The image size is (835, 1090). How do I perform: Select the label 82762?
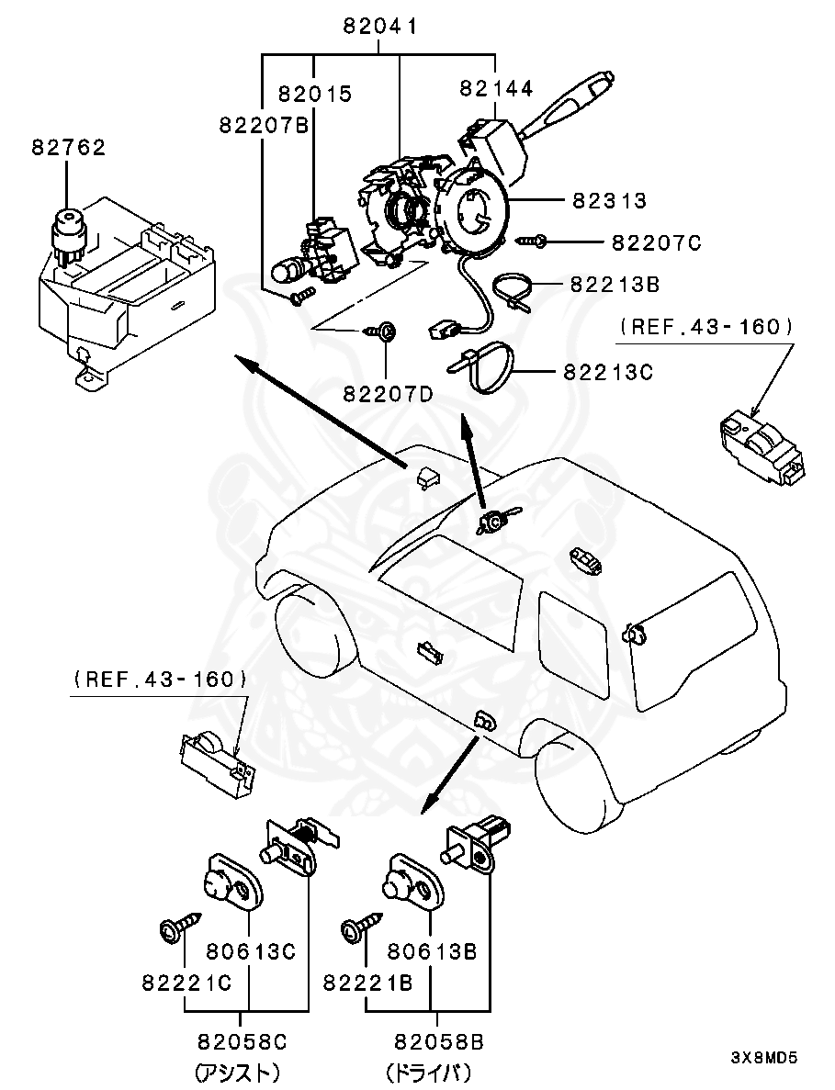69,147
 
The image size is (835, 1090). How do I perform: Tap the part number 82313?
610,200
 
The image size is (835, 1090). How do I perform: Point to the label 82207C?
656,242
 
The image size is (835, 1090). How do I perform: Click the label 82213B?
615,285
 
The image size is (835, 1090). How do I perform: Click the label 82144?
496,88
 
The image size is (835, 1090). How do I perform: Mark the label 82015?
315,94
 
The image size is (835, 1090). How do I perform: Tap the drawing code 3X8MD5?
763,1057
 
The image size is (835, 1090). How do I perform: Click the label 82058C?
243,1042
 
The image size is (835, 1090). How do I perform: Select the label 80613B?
432,952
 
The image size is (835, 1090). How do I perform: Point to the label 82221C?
186,982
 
